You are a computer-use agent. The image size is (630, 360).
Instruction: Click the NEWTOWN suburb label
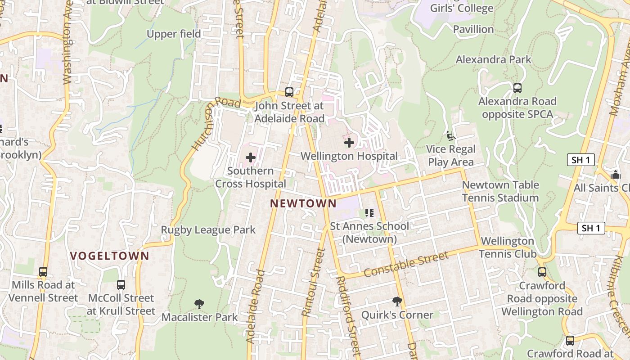point(303,203)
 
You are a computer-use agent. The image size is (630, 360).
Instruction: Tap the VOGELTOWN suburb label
point(109,256)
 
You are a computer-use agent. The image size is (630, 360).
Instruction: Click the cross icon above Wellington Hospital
point(349,143)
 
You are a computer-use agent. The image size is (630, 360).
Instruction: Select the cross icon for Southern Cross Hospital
point(251,157)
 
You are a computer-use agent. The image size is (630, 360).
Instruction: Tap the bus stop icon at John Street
point(289,92)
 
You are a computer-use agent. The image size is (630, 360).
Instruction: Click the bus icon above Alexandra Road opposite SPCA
point(517,88)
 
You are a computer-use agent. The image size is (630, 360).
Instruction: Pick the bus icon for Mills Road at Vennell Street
point(43,272)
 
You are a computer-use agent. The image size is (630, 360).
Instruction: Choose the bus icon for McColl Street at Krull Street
point(121,284)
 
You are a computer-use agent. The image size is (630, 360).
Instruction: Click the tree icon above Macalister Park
point(199,304)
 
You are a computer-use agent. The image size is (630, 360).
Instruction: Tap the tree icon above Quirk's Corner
point(397,301)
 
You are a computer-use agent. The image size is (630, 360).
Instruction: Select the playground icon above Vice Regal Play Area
point(450,135)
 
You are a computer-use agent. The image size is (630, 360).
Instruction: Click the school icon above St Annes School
point(369,212)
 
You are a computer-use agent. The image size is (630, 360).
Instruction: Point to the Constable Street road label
point(406,265)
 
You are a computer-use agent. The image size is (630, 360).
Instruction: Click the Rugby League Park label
point(208,230)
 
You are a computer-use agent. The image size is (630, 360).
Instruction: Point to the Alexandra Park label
point(493,59)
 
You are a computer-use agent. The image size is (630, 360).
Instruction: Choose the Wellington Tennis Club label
point(507,247)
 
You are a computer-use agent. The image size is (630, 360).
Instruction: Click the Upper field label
point(174,34)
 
